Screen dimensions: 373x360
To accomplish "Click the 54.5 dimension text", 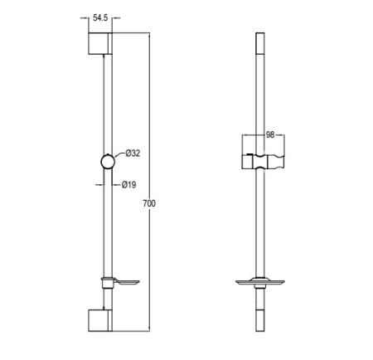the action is coord(100,18).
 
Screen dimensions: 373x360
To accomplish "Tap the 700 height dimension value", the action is coord(149,203).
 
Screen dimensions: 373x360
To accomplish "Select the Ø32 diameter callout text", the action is coord(133,153).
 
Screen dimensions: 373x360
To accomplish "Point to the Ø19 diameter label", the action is coord(129,185).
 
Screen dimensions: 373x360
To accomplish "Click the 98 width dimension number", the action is coord(270,134).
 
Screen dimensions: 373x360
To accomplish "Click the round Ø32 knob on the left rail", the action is coord(108,162).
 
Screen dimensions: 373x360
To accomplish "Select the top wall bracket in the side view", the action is coord(100,43).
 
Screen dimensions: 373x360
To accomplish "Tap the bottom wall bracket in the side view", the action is coord(100,320).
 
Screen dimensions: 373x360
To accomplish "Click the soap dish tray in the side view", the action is coord(126,282).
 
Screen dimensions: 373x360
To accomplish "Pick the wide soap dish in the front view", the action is coord(260,282).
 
